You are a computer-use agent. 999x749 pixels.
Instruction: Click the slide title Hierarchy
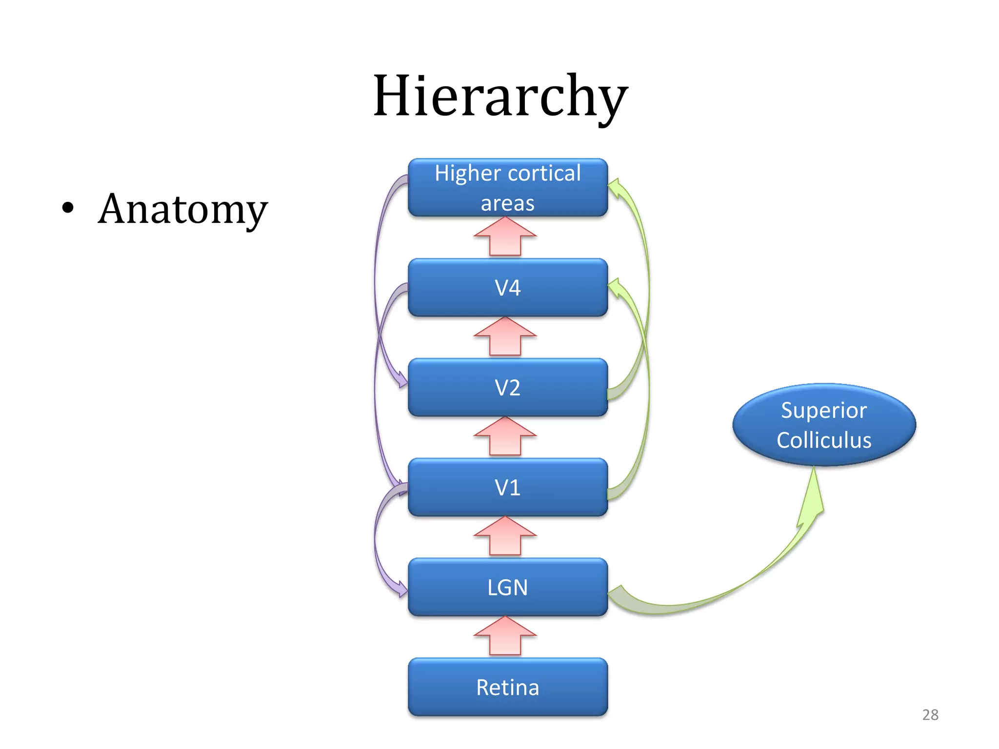point(499,96)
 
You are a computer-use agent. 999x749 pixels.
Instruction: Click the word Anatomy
point(182,210)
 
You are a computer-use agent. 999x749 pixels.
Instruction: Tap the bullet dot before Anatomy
point(68,208)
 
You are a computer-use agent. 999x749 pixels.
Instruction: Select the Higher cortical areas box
point(507,187)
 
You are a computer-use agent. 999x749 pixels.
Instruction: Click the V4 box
point(507,288)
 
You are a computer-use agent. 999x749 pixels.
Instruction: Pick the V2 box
point(507,388)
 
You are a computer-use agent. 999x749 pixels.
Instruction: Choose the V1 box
point(507,487)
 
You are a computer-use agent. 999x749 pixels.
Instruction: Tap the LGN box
point(507,587)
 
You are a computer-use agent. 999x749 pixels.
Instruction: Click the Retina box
point(507,687)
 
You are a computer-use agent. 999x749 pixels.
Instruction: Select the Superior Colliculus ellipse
point(824,425)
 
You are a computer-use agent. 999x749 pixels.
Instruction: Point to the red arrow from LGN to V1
point(505,536)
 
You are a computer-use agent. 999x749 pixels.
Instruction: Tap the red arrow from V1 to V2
point(505,436)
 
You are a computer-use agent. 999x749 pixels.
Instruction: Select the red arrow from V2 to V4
point(505,336)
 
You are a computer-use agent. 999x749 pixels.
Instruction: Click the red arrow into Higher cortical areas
point(505,236)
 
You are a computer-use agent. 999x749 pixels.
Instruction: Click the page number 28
point(930,714)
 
